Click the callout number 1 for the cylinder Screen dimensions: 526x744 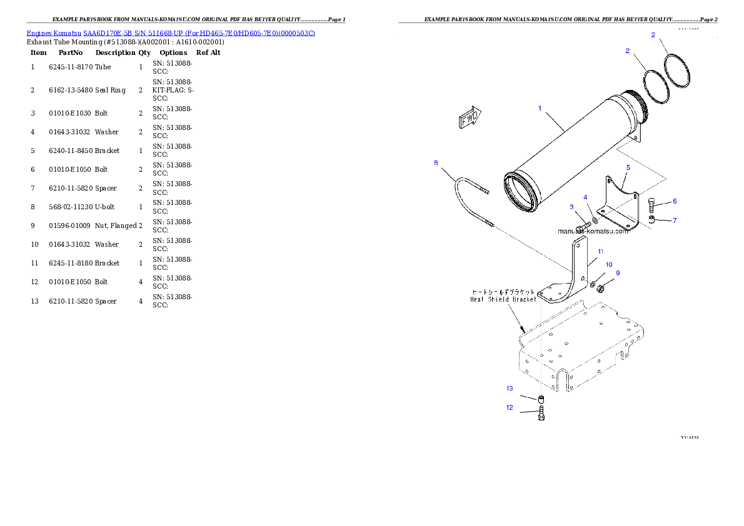pyautogui.click(x=540, y=108)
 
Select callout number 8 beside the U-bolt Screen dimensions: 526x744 pyautogui.click(x=436, y=163)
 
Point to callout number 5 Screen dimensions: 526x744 pyautogui.click(x=628, y=167)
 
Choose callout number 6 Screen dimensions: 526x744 pyautogui.click(x=675, y=201)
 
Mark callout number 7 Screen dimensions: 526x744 pyautogui.click(x=675, y=221)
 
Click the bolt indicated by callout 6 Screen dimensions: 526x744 pyautogui.click(x=652, y=204)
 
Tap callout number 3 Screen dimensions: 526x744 pyautogui.click(x=571, y=207)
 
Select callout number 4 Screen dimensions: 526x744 pyautogui.click(x=586, y=197)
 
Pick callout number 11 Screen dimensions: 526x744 pyautogui.click(x=600, y=251)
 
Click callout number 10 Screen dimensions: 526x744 pyautogui.click(x=608, y=265)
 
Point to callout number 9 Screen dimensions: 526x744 pyautogui.click(x=618, y=273)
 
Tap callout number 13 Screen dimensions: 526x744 pyautogui.click(x=510, y=388)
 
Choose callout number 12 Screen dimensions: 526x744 pyautogui.click(x=510, y=407)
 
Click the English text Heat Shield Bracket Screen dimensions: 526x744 pyautogui.click(x=503, y=299)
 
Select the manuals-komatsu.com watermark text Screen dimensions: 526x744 pyautogui.click(x=593, y=231)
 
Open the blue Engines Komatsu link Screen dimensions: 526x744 pyautogui.click(x=171, y=32)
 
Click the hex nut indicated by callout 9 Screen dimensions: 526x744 pyautogui.click(x=599, y=289)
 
